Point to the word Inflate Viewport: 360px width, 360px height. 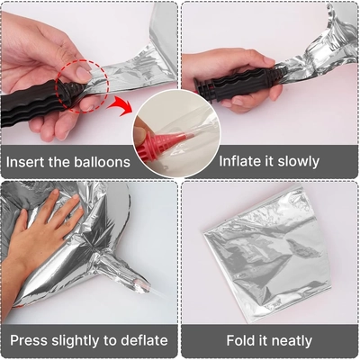click(240, 163)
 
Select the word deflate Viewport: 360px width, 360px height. click(139, 340)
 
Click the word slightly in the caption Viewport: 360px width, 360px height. click(82, 340)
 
